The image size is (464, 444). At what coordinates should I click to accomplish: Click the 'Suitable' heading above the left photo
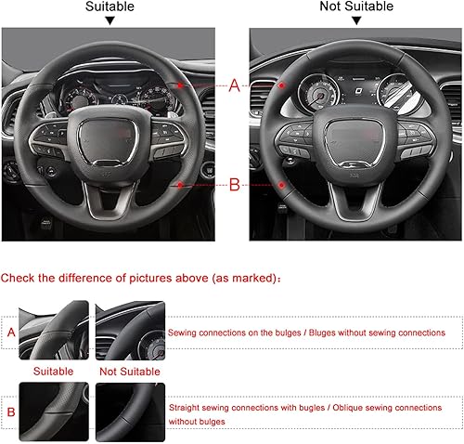pos(110,7)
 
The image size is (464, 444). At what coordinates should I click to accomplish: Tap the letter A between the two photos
pos(234,85)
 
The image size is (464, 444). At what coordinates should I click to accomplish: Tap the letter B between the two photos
pos(234,185)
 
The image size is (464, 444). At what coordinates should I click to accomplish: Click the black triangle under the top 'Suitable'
pos(110,20)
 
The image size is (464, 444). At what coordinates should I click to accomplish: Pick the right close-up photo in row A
pos(130,331)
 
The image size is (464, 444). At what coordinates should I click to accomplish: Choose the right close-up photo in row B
pos(130,411)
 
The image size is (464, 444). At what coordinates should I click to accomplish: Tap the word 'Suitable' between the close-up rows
pos(53,370)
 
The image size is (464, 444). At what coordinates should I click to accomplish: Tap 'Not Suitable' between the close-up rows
pos(129,370)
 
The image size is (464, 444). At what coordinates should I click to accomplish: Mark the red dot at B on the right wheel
pos(281,185)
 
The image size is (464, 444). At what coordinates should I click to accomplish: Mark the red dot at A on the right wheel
pos(281,85)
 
